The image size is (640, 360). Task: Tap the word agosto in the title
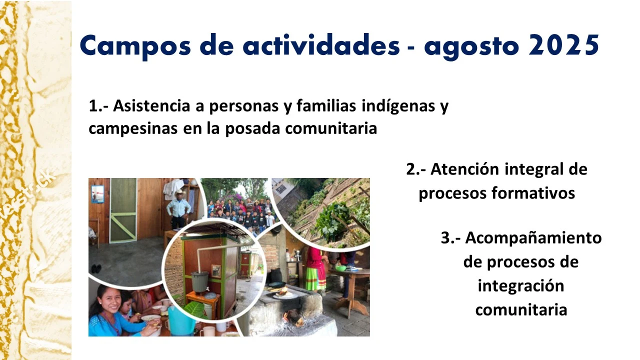tap(471, 47)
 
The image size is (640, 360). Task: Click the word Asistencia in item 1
tap(151, 105)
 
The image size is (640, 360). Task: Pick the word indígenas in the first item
tap(398, 106)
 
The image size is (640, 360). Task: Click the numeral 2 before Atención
tap(411, 169)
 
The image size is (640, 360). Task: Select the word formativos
tap(533, 193)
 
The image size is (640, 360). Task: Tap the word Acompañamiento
tap(533, 238)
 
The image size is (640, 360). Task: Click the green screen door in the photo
tap(123, 210)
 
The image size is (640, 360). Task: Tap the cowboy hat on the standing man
tap(180, 193)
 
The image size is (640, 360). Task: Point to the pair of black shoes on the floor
tap(96, 268)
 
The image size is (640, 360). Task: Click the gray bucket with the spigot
tap(199, 282)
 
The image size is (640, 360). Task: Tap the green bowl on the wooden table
tap(340, 268)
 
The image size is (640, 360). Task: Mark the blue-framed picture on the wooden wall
tap(97, 194)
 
